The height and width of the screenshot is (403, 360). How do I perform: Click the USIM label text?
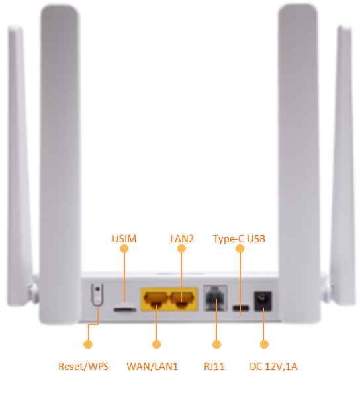tap(124, 239)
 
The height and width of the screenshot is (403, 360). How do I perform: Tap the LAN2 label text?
tap(182, 239)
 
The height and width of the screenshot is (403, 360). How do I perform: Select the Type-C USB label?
tap(240, 239)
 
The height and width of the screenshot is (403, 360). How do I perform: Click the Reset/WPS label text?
tap(83, 367)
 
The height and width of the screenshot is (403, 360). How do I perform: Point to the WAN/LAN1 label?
tap(152, 367)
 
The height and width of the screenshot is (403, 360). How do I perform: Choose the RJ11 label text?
tap(214, 367)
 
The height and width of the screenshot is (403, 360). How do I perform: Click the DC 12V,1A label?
tap(274, 367)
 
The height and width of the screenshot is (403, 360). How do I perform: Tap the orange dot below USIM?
tap(124, 249)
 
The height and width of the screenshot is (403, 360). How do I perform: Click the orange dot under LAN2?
tap(181, 249)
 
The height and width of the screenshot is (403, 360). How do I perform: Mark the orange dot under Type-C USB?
tap(240, 249)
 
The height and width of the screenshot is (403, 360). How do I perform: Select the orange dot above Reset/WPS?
tap(88, 344)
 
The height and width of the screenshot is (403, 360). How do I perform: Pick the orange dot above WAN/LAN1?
tap(156, 344)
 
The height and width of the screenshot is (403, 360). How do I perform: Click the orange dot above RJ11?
tap(216, 344)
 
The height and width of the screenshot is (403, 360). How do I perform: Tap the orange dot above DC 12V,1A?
tap(264, 344)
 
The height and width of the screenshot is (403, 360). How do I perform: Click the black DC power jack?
tap(263, 301)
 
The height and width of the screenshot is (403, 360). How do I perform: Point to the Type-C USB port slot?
tap(241, 308)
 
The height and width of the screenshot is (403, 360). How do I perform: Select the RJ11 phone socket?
tap(215, 298)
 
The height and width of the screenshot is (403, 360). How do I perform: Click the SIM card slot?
tap(125, 309)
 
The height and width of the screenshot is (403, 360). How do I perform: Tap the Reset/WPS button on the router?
tap(97, 294)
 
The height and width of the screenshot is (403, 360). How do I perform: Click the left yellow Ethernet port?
tap(156, 299)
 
